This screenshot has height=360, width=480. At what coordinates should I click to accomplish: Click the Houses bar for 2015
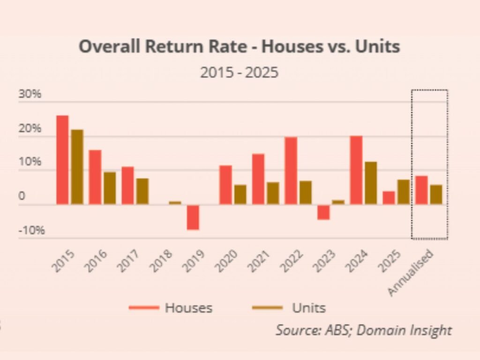pos(62,159)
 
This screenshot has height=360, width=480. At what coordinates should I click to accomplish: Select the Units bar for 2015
pos(77,167)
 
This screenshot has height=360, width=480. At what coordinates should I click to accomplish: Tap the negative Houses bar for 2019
pos(193,217)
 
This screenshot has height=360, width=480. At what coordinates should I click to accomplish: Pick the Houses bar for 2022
pos(291,171)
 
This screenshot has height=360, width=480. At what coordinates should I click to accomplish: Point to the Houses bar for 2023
pos(323,212)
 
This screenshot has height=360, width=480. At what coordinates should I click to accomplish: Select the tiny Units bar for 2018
pos(175,202)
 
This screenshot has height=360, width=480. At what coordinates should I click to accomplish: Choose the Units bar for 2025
pos(403,192)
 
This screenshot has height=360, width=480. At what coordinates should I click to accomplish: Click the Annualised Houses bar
pos(421,190)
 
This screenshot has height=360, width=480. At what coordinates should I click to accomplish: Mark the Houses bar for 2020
pos(225,185)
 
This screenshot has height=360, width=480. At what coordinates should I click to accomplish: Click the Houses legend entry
pos(171,308)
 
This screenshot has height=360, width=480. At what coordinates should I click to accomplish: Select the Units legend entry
pos(289,308)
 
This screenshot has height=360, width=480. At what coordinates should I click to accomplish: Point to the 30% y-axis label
pos(30,94)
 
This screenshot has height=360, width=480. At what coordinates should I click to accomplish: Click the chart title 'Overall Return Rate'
pos(239,47)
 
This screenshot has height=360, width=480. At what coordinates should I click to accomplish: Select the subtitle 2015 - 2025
pos(239,73)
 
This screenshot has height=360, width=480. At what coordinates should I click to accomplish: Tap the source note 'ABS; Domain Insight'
pos(364,330)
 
